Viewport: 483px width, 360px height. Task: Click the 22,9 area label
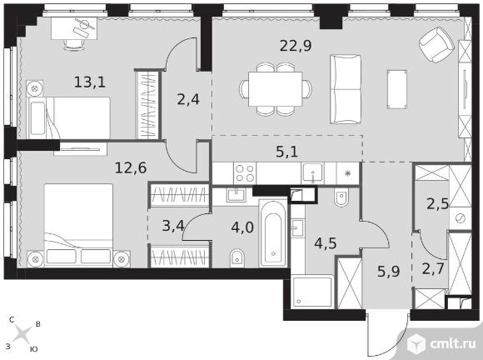pyautogui.click(x=296, y=46)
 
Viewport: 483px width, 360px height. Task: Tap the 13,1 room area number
pyautogui.click(x=90, y=82)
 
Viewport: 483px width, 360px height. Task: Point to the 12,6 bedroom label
pyautogui.click(x=131, y=168)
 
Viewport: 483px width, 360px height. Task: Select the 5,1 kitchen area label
pyautogui.click(x=286, y=152)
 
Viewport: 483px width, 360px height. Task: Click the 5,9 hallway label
pyautogui.click(x=388, y=272)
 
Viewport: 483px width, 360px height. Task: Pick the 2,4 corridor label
pyautogui.click(x=188, y=99)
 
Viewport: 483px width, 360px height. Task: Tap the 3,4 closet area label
pyautogui.click(x=173, y=226)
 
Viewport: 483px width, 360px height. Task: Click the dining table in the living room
pyautogui.click(x=276, y=89)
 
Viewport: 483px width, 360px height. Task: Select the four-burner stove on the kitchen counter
pyautogui.click(x=245, y=173)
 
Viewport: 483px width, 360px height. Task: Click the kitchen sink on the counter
pyautogui.click(x=312, y=172)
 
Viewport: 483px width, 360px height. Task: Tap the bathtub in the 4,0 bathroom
pyautogui.click(x=273, y=233)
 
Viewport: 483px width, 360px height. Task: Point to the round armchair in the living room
pyautogui.click(x=437, y=44)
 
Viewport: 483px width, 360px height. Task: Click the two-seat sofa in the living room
pyautogui.click(x=346, y=89)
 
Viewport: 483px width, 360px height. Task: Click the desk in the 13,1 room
pyautogui.click(x=74, y=28)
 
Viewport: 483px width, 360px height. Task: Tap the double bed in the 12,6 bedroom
pyautogui.click(x=78, y=225)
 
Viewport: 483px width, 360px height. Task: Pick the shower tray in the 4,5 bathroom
pyautogui.click(x=312, y=292)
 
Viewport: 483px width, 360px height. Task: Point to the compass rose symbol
pyautogui.click(x=22, y=334)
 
